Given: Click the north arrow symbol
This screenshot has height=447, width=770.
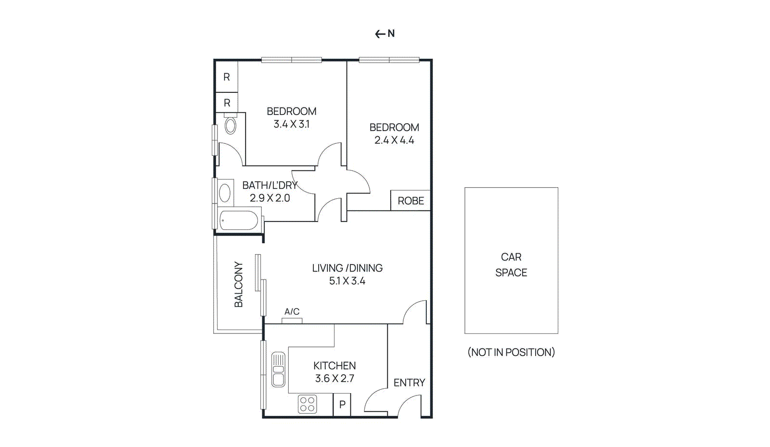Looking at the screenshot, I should (385, 34).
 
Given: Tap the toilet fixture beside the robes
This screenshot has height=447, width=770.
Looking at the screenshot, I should (231, 125).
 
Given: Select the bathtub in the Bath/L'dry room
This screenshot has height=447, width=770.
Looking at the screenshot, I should (239, 221).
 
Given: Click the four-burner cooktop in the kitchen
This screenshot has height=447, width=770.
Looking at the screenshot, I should (307, 404).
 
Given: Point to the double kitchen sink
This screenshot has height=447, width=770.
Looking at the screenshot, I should (278, 370).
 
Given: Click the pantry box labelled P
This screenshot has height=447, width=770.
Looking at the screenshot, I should (342, 405).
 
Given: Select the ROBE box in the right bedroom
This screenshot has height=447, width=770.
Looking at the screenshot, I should (411, 201).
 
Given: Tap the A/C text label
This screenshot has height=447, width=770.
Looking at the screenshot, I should (292, 312).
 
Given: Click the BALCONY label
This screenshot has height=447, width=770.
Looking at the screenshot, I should (239, 284).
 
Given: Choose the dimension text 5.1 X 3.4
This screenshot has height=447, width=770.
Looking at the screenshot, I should (347, 281).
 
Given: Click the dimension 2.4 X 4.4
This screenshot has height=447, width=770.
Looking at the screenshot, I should (394, 140).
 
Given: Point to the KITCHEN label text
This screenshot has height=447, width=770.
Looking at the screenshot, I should (334, 366).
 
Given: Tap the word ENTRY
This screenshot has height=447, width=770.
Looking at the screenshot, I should (409, 383).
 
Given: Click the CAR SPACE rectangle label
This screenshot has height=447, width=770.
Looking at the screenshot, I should (511, 265).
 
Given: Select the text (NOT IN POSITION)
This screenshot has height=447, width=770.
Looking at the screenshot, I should (511, 352).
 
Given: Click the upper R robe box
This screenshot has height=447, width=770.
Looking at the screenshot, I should (227, 77).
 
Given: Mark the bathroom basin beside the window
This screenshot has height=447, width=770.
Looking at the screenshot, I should (225, 193).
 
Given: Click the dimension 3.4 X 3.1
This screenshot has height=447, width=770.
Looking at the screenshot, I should (291, 124).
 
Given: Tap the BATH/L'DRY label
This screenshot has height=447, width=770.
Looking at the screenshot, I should (269, 185).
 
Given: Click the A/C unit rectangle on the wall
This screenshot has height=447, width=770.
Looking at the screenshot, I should (292, 320).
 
